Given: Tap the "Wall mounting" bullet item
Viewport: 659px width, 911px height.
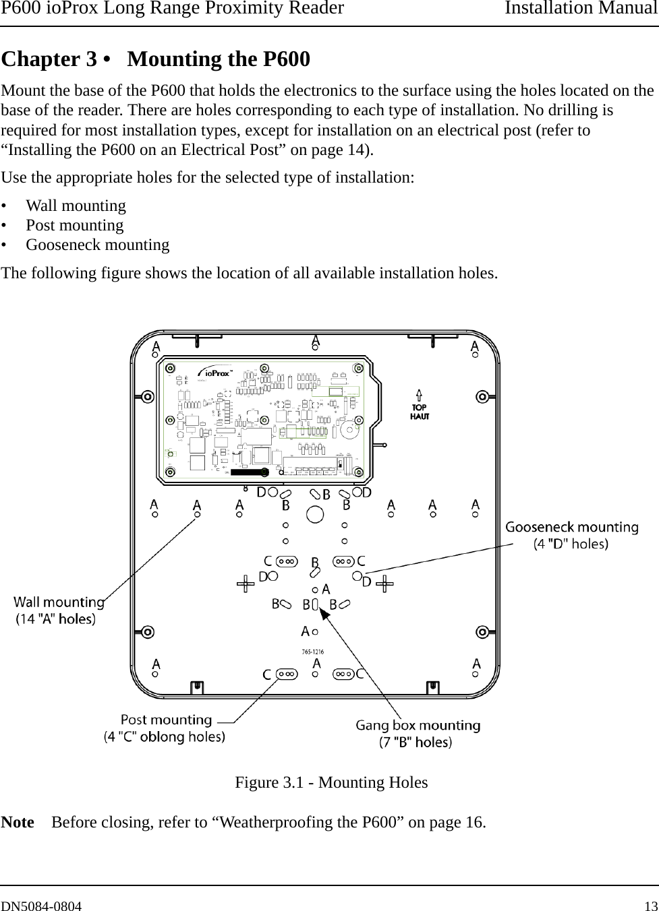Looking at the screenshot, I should coord(76,206).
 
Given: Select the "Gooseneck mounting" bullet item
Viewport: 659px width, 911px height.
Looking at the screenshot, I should coord(97,245).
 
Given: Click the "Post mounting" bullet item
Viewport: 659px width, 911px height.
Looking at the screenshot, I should coord(74,225).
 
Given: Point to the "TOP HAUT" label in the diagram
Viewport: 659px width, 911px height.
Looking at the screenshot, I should coord(420,412).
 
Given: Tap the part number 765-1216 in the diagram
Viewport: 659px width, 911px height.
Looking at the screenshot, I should coord(312,652).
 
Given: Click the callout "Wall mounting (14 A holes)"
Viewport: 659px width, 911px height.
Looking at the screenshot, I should coord(59,610).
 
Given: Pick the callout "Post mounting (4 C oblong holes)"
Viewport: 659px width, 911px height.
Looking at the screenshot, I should coord(165,728).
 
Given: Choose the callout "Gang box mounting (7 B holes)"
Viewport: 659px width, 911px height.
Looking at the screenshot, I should coord(418,733).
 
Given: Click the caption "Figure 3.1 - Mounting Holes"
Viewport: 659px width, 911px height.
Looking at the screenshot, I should coord(331,782).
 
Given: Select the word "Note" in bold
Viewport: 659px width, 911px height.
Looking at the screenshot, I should coord(18,823).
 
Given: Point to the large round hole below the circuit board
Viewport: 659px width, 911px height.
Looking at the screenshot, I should coord(316,515).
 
